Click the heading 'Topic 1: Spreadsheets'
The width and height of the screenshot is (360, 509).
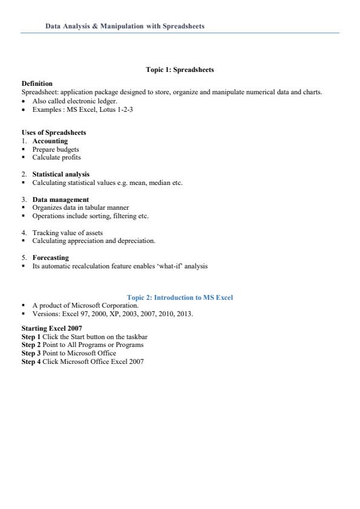(180, 70)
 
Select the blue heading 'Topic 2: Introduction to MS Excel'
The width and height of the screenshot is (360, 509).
(180, 297)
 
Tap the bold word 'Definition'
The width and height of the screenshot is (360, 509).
(37, 83)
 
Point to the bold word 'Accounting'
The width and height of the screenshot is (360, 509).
(50, 141)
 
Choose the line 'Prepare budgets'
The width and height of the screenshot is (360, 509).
(56, 149)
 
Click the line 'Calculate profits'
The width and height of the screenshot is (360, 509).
(56, 157)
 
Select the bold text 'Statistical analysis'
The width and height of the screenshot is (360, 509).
(61, 174)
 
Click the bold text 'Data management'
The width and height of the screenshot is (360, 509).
(61, 199)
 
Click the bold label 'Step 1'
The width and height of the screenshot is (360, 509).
(31, 336)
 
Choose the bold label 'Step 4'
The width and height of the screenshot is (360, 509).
(31, 361)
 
